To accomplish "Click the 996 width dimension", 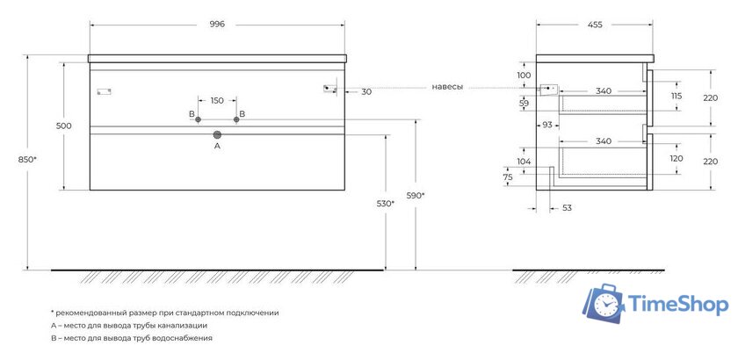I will coord(217,25).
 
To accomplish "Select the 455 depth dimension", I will coord(596,25).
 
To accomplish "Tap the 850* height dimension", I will coord(28,160).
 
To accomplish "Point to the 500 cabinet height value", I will coord(63,126).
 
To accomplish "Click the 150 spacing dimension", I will coord(217,100).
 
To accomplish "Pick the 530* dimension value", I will coord(385,204).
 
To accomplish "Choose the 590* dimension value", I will coord(416,195).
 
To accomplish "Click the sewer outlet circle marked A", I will coord(217,134).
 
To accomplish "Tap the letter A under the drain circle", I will coord(217,147).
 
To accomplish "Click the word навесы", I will coord(447,87).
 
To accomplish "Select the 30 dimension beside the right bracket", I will coord(365,91).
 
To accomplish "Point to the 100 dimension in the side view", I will coord(525,76).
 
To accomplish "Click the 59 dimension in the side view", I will coord(525,104).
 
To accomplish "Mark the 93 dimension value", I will coord(546,126).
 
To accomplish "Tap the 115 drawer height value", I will coord(676,96).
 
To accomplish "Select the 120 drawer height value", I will coord(676,159).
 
